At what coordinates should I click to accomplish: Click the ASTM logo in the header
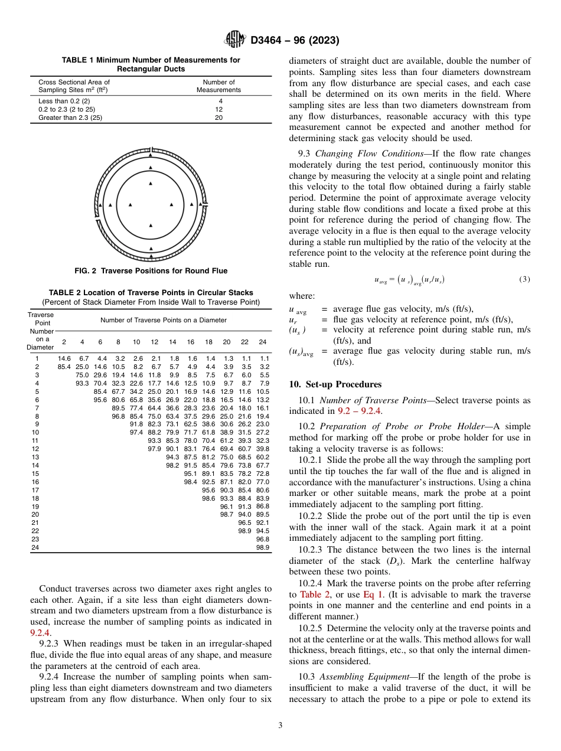(x=236, y=40)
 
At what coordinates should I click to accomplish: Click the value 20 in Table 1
(x=218, y=117)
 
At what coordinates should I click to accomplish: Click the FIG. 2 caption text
(x=151, y=271)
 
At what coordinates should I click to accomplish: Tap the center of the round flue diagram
(x=151, y=204)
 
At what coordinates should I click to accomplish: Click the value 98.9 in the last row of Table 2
(x=263, y=547)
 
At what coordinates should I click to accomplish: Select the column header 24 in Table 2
(x=263, y=342)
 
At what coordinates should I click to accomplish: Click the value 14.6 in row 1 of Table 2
(x=64, y=358)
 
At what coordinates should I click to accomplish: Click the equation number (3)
(x=524, y=279)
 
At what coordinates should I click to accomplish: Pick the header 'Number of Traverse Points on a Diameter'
(x=163, y=320)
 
